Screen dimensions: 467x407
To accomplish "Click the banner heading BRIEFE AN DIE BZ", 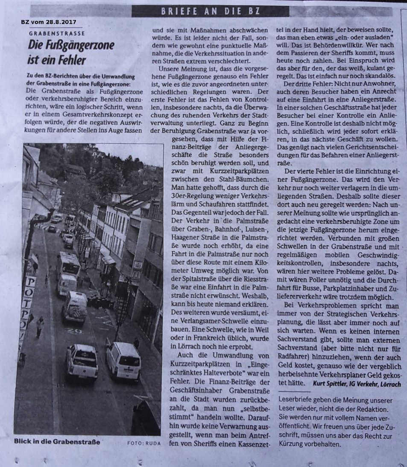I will [x=210, y=11].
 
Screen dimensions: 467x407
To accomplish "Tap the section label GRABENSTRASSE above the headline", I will [x=57, y=33].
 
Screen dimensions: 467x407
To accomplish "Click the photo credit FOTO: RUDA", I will [x=144, y=443].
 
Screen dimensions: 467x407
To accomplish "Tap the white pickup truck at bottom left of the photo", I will [x=82, y=361].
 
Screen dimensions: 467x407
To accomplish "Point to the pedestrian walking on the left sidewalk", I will [x=40, y=326].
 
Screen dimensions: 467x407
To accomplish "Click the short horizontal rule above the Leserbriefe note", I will [x=293, y=392].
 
